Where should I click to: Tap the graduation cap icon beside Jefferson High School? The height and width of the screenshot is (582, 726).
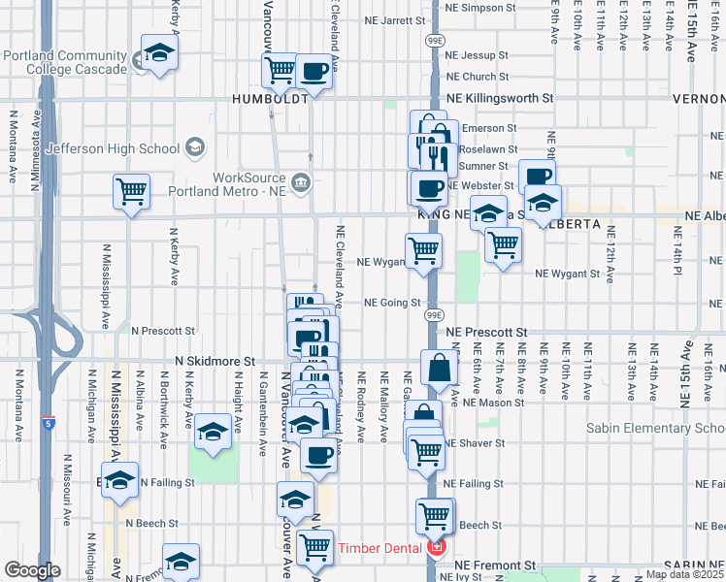tap(195, 148)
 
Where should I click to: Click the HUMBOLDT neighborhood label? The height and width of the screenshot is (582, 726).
tap(270, 99)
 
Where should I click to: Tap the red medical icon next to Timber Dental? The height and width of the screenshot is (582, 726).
tap(437, 548)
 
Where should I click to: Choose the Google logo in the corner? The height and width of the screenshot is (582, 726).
tap(32, 570)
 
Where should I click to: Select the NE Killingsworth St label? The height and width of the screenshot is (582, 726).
tap(499, 99)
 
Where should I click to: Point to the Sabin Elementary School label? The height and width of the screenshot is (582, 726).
tap(656, 428)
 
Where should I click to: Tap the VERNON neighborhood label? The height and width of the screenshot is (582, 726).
tap(704, 99)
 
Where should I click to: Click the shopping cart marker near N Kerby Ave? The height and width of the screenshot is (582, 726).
tap(131, 191)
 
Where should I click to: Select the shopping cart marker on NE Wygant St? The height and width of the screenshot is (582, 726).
tap(423, 250)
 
